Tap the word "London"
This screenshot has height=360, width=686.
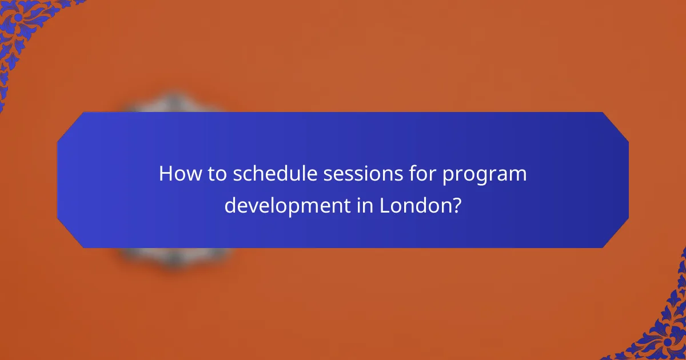(x=414, y=203)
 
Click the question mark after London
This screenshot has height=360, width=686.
(x=456, y=203)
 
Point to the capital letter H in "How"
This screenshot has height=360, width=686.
(x=166, y=174)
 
